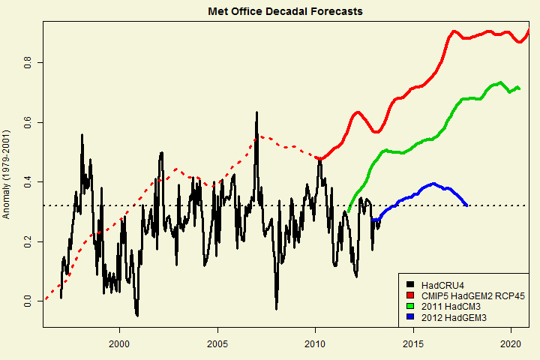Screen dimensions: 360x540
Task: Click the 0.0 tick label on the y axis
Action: (x=28, y=301)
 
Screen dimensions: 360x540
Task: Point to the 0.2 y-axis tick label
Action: (x=28, y=241)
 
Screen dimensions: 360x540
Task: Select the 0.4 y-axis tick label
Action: (x=28, y=182)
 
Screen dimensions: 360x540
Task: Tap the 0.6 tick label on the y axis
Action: (x=28, y=122)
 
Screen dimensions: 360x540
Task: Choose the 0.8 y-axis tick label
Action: (x=28, y=62)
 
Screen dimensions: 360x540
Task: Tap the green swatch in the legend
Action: (x=410, y=307)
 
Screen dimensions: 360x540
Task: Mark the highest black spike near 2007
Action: (x=256, y=113)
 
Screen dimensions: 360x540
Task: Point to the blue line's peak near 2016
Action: (x=433, y=184)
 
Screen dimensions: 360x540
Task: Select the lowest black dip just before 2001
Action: (x=136, y=315)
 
